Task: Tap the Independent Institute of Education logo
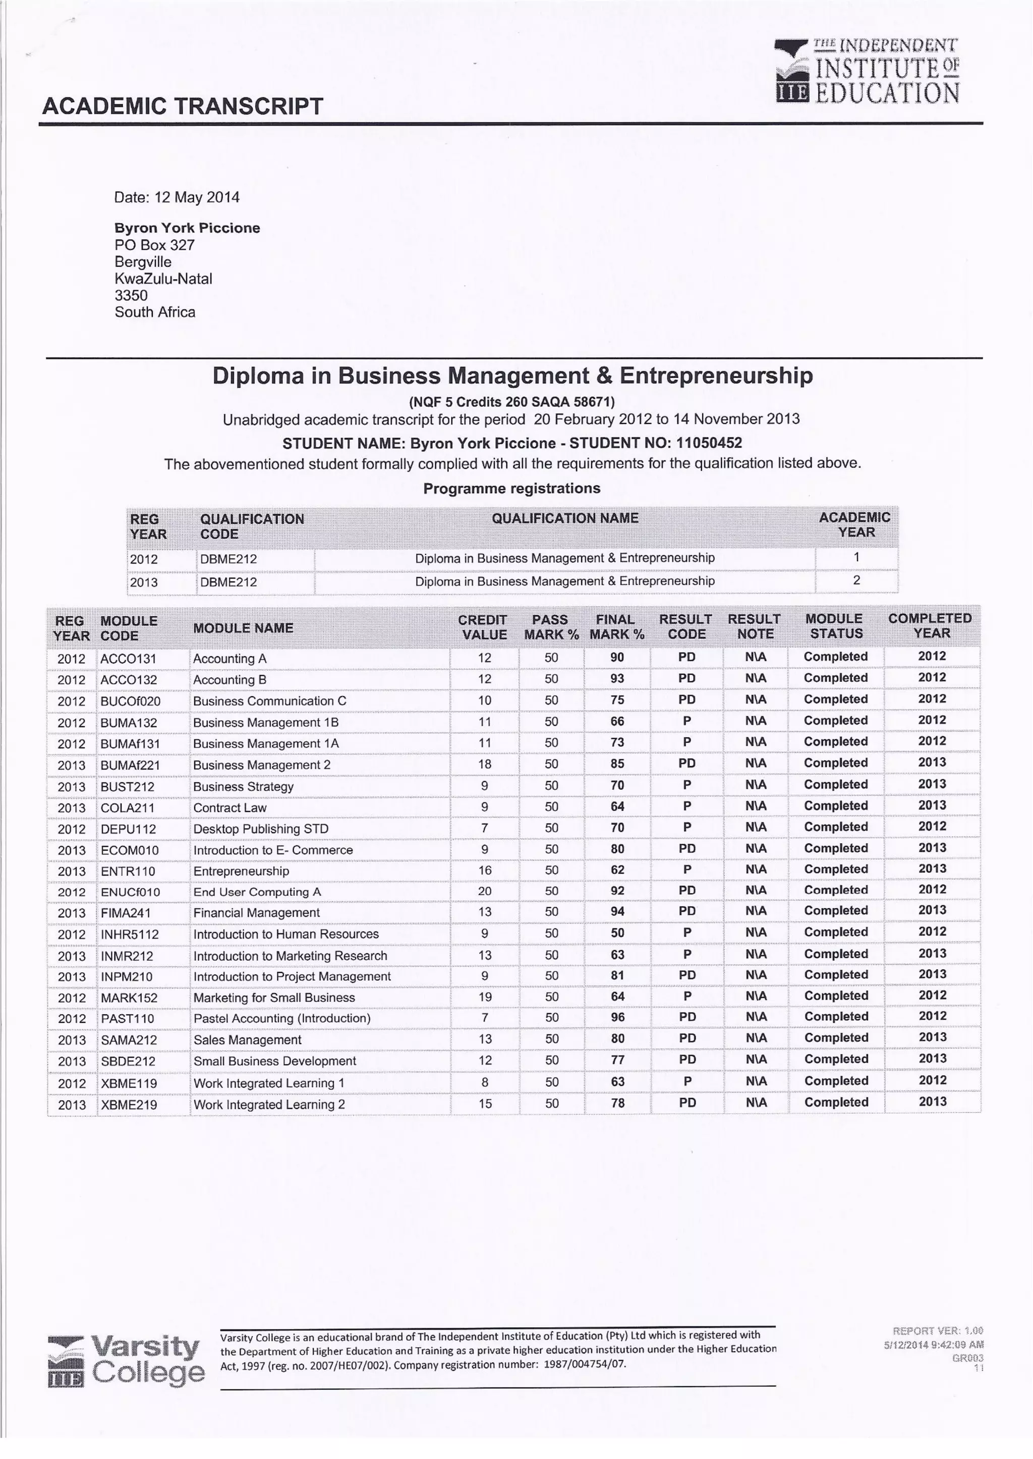point(867,71)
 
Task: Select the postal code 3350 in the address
point(131,295)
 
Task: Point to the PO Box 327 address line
point(154,245)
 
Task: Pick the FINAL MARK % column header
point(616,626)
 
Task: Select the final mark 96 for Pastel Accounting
point(617,1017)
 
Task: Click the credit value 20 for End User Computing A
point(485,891)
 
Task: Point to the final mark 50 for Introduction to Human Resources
point(617,933)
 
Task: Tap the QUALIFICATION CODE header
point(252,526)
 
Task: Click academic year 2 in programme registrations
point(856,580)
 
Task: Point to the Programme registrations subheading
point(511,489)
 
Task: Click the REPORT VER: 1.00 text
point(938,1330)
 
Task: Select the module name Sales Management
point(247,1040)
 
